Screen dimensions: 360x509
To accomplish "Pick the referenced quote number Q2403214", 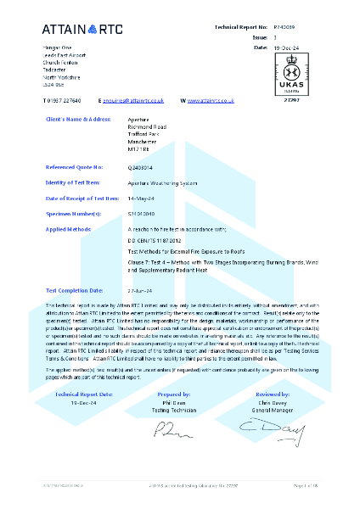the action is pos(141,168).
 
